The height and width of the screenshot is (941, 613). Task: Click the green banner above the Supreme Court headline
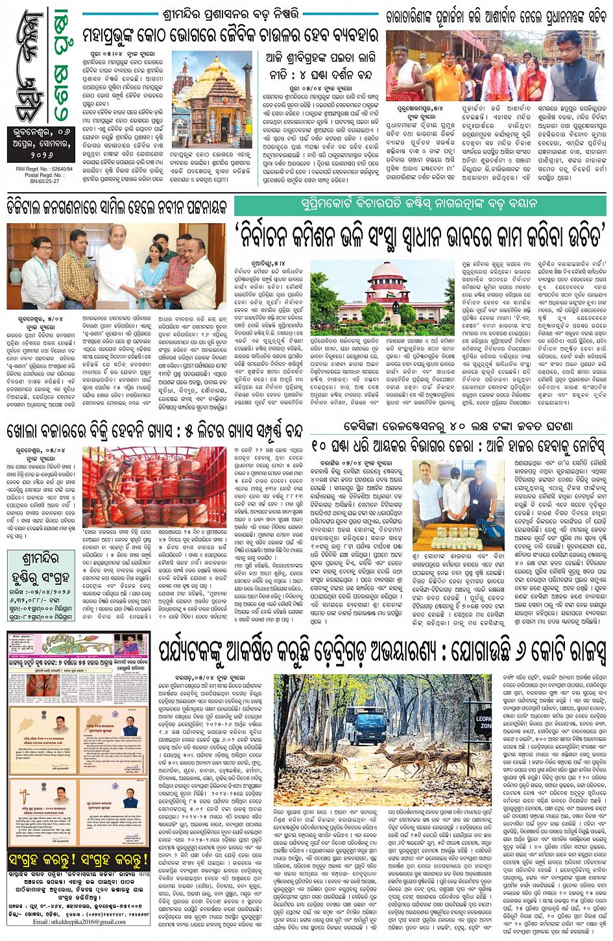pyautogui.click(x=420, y=203)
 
